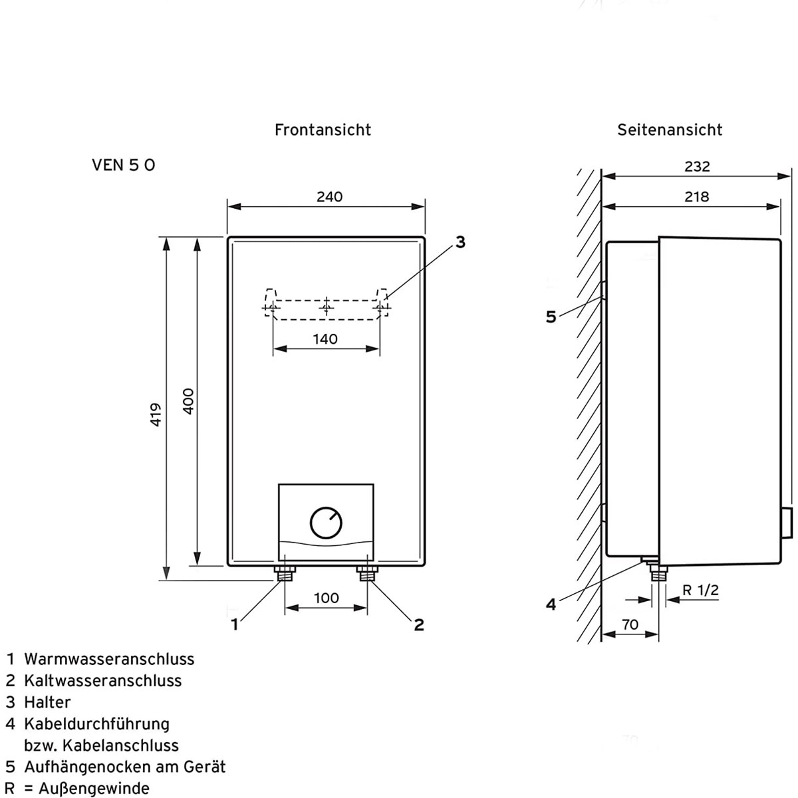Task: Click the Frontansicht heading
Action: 323,130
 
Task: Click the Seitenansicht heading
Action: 669,130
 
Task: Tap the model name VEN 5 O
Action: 124,165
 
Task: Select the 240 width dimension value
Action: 329,197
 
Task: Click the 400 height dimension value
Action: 188,401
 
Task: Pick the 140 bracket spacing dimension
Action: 325,339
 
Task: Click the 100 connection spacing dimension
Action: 326,598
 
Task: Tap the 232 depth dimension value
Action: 697,166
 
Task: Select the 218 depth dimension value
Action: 696,197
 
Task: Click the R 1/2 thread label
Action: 700,590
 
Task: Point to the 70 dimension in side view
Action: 629,624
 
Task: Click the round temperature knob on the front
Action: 326,523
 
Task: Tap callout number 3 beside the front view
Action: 460,243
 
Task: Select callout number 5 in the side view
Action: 551,317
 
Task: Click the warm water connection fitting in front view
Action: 285,573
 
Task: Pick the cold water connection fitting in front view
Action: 367,573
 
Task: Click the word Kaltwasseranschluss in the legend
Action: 102,681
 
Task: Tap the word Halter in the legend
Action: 47,702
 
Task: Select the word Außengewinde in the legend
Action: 94,789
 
